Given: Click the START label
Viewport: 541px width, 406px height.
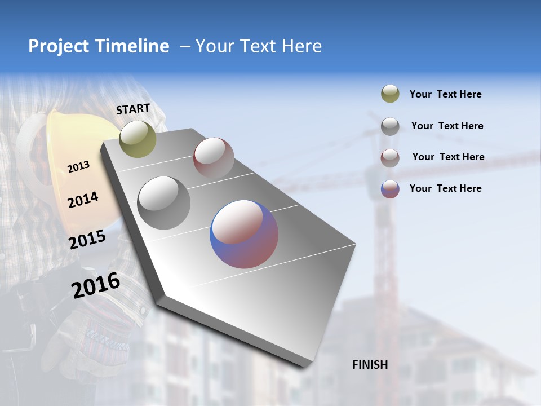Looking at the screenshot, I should tap(133, 109).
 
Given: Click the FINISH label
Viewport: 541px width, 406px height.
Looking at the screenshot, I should tap(370, 365).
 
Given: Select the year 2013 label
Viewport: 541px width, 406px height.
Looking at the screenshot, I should tap(78, 166).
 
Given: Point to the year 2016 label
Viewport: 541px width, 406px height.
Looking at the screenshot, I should tap(96, 285).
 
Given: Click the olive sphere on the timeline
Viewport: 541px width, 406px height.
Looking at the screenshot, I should tap(138, 139).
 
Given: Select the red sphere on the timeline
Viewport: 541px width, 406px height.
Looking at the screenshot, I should tap(214, 157).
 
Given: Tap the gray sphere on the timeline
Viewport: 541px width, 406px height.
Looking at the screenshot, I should tap(164, 203).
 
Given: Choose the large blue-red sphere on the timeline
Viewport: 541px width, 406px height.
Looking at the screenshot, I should tap(244, 234).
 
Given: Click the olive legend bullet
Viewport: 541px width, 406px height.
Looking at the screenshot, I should tap(390, 94).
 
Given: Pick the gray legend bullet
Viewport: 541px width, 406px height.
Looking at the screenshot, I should tap(390, 126).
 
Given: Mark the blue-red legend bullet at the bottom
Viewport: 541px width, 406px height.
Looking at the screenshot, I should tap(390, 189).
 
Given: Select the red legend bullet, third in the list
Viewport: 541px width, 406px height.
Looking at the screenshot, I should tap(390, 157).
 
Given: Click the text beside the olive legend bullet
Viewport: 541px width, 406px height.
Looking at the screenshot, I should tap(445, 94).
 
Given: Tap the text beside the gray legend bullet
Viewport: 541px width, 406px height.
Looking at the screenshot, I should tap(447, 126).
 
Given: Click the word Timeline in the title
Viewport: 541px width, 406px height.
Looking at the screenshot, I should tap(132, 46).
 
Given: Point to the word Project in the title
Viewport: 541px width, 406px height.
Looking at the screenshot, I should tap(59, 46).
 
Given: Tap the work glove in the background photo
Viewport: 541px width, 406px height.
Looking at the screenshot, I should tap(96, 338).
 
